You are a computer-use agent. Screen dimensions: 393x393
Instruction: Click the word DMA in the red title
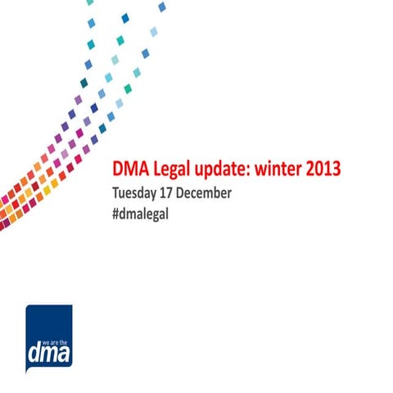pyautogui.click(x=129, y=169)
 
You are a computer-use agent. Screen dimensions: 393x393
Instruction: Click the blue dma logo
pyautogui.click(x=48, y=337)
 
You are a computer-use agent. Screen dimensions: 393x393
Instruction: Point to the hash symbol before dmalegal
pyautogui.click(x=115, y=215)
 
